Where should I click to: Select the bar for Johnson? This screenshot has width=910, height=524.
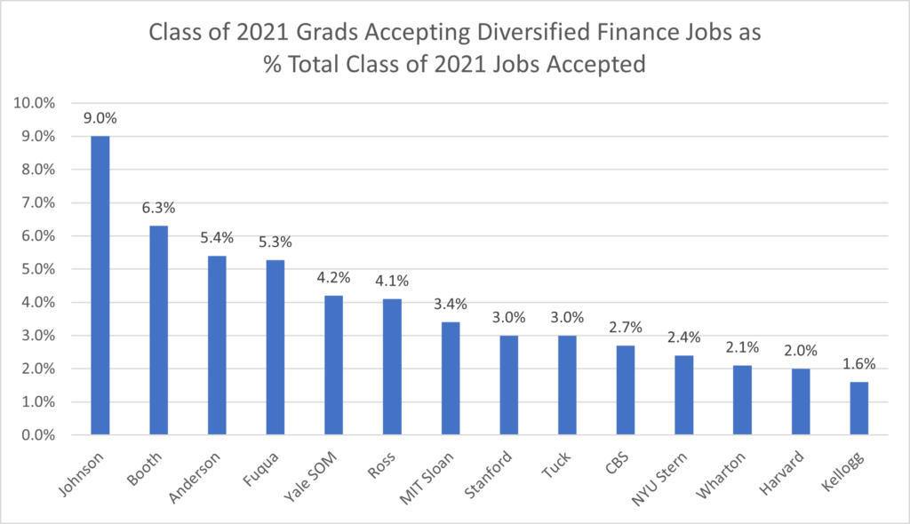coord(100,285)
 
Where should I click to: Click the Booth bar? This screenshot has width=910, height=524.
coord(158,330)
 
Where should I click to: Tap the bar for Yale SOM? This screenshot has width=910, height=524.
coord(333,365)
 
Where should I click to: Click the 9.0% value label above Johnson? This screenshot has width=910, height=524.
coord(100,118)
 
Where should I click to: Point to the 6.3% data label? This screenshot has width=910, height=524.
coord(158,208)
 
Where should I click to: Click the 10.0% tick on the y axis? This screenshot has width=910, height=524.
coord(35,103)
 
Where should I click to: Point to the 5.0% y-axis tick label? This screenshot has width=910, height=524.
coord(37,269)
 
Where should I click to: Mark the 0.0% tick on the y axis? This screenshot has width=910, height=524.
coord(37,435)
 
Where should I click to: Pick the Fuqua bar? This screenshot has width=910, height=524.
coord(275,347)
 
